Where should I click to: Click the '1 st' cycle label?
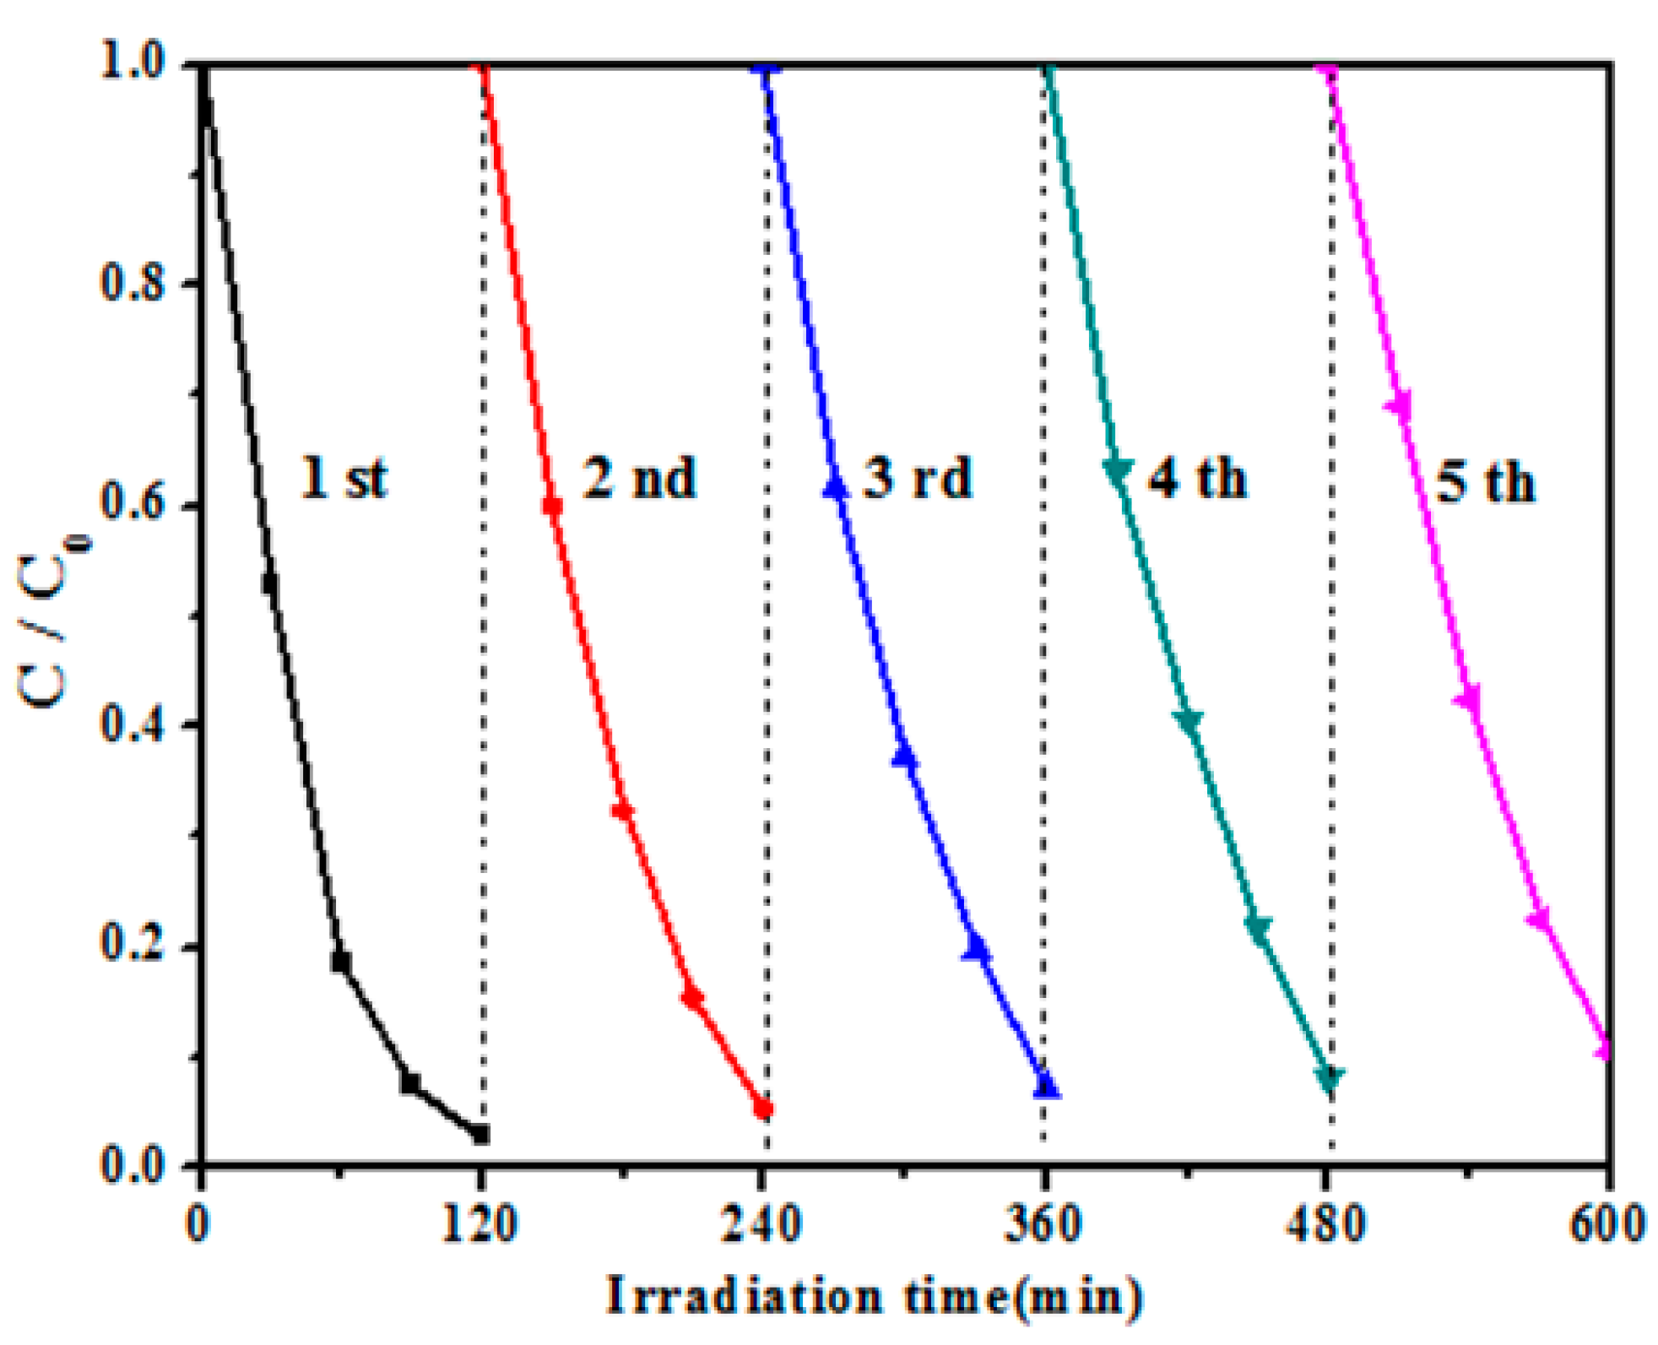pyautogui.click(x=344, y=478)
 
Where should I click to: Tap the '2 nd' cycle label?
pyautogui.click(x=639, y=478)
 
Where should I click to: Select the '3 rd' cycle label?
pyautogui.click(x=918, y=478)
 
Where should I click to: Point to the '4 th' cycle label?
pyautogui.click(x=1196, y=479)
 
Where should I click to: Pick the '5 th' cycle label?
pyautogui.click(x=1485, y=482)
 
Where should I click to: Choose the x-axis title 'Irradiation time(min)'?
pyautogui.click(x=875, y=1297)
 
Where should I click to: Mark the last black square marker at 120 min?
pyautogui.click(x=481, y=1134)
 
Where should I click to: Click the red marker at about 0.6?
pyautogui.click(x=553, y=506)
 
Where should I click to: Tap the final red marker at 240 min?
pyautogui.click(x=763, y=1109)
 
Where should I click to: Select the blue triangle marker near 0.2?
pyautogui.click(x=977, y=950)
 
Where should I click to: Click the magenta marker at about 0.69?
pyautogui.click(x=1400, y=406)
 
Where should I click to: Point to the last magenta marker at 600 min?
pyautogui.click(x=1604, y=1049)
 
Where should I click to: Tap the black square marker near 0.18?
pyautogui.click(x=341, y=961)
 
